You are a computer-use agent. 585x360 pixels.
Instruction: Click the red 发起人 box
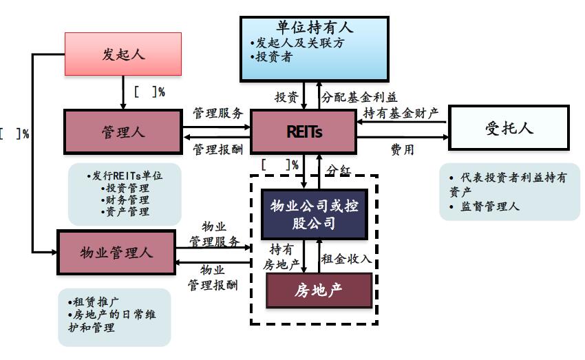click(123, 54)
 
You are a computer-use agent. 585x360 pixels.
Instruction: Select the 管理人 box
click(123, 131)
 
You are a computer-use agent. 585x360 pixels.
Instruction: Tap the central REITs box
click(304, 131)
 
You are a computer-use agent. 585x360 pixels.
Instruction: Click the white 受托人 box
click(509, 127)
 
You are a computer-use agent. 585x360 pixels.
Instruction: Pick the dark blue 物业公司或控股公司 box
click(314, 214)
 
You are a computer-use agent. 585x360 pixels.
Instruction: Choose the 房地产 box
click(318, 290)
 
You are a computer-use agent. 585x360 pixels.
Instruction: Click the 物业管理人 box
click(116, 252)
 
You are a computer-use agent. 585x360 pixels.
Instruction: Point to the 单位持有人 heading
click(315, 28)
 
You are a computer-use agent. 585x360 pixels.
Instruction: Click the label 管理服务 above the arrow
click(217, 113)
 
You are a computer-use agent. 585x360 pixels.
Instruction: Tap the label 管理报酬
click(217, 149)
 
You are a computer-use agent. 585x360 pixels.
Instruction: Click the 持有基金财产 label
click(401, 113)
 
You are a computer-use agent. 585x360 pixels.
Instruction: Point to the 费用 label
click(402, 149)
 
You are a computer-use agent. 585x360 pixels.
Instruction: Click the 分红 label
click(339, 170)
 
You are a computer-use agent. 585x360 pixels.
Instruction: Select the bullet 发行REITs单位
click(126, 176)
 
